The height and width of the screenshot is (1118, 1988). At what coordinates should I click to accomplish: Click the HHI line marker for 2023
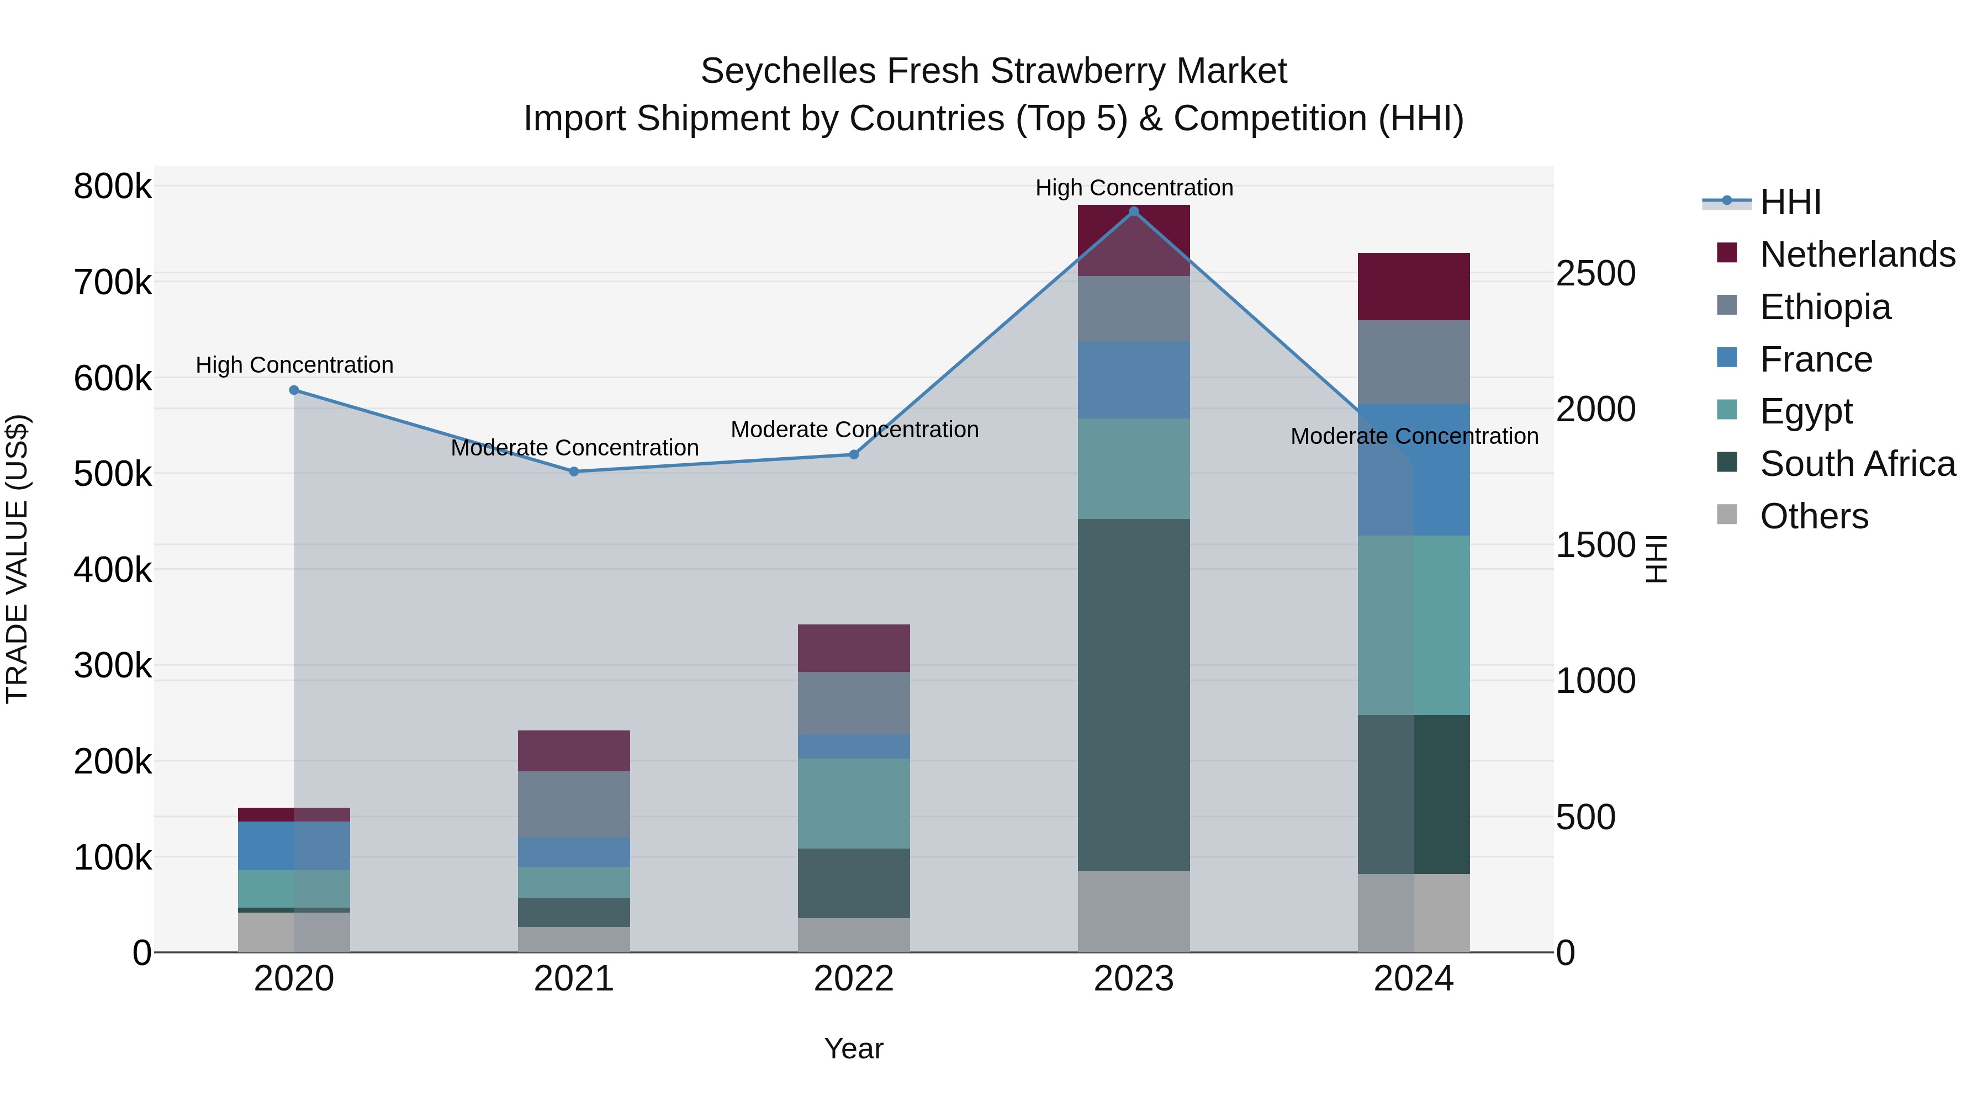(1134, 211)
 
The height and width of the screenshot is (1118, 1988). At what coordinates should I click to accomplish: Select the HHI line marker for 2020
(294, 390)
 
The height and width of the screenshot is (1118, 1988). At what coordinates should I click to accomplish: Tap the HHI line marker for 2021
(574, 471)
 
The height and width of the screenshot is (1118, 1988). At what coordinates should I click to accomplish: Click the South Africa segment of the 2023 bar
(1134, 695)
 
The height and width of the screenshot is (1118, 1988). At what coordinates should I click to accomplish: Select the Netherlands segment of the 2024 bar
(1414, 286)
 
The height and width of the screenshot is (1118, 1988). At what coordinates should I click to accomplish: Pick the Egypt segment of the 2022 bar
(854, 803)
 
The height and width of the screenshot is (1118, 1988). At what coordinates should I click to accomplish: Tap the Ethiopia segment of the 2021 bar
(574, 804)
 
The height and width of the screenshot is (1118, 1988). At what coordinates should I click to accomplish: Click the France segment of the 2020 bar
(294, 846)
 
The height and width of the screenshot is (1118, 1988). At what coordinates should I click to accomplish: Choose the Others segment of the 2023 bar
(1134, 911)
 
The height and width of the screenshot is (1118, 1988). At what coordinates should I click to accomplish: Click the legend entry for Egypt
(1806, 411)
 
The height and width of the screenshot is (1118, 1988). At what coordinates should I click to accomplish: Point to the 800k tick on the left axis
(113, 187)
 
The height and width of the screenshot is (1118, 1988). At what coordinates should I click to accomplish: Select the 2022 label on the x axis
(854, 979)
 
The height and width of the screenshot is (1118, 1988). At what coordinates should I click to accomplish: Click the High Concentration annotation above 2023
(1134, 188)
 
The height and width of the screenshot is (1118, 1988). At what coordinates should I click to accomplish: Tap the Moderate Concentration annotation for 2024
(1414, 436)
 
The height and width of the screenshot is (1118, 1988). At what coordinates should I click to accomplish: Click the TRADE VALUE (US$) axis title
(17, 559)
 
